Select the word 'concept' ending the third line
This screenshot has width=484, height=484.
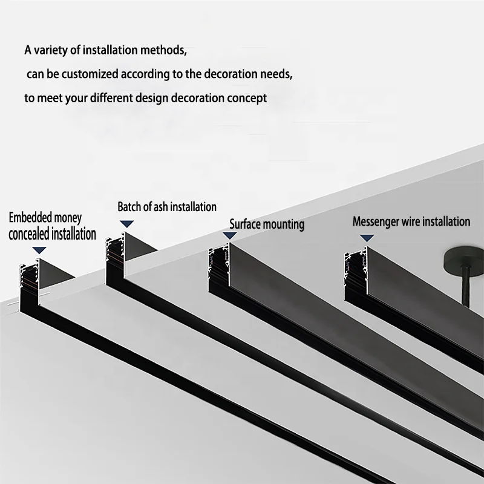coord(247,98)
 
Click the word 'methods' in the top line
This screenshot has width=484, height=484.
coord(160,50)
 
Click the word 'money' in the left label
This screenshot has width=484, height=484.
coord(68,218)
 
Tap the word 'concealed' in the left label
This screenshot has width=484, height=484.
coord(30,234)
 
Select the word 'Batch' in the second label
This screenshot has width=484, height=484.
coord(129,207)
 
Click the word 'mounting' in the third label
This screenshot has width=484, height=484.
coord(284,224)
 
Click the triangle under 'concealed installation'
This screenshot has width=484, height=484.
coord(39,249)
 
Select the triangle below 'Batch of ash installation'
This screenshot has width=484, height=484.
coord(126,224)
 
